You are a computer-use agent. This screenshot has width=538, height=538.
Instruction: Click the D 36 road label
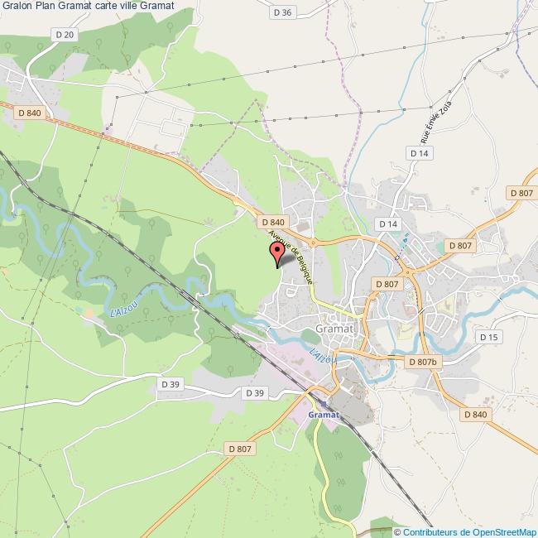click(282, 12)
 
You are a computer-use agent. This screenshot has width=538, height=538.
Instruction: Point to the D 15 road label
click(488, 337)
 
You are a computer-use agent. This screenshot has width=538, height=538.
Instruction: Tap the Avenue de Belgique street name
click(291, 257)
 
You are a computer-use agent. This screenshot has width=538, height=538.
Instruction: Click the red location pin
click(276, 254)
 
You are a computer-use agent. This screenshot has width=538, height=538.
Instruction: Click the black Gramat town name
click(334, 329)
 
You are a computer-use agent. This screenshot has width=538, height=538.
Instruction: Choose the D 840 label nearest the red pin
click(272, 222)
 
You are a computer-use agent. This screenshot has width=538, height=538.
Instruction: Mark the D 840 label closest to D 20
click(28, 113)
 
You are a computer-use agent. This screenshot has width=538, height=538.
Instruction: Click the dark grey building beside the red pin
click(286, 260)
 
